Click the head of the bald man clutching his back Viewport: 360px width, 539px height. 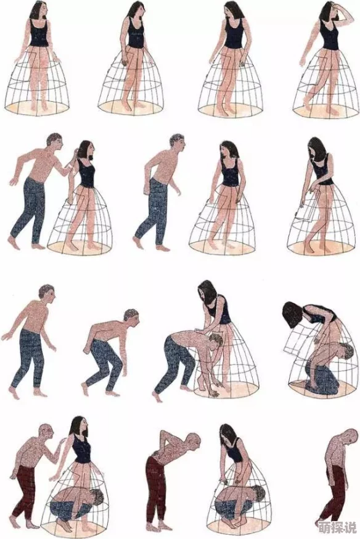[x=193, y=441]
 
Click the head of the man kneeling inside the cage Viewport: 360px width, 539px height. [x=346, y=352]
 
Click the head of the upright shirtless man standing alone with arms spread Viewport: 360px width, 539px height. [x=47, y=294]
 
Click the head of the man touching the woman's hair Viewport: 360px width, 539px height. [x=55, y=142]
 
